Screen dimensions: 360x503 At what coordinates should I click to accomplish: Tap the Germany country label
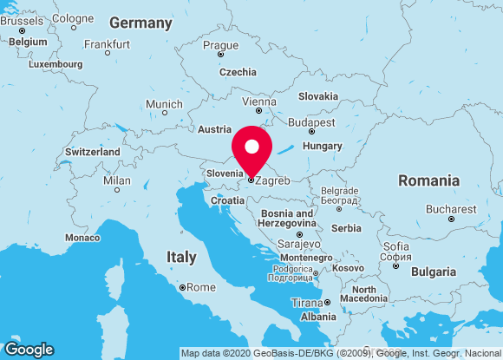[140, 23]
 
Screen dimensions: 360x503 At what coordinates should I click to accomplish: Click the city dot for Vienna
[258, 113]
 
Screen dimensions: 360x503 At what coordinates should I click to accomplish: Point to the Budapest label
[310, 122]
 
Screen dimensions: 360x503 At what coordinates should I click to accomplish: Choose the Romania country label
[428, 180]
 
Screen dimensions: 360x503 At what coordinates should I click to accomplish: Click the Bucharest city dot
[451, 219]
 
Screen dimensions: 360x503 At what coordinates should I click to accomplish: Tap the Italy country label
[181, 258]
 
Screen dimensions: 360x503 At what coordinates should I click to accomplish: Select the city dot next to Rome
[182, 287]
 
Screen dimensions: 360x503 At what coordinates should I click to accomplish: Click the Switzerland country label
[92, 152]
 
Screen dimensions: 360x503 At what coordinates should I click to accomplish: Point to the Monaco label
[82, 237]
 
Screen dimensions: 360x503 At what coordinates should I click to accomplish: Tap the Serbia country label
[346, 228]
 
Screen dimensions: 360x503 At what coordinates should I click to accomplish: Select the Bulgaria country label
[433, 272]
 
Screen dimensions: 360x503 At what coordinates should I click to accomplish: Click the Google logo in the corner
[29, 349]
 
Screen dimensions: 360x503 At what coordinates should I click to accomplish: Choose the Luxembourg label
[56, 64]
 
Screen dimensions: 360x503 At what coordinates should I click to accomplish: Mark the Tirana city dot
[327, 303]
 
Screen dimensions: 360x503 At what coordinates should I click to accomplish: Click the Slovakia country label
[318, 96]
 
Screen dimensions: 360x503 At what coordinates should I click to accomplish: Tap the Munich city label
[164, 104]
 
